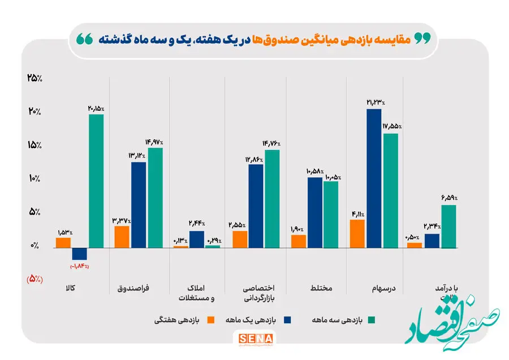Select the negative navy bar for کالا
click(x=80, y=254)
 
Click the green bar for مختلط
click(x=331, y=214)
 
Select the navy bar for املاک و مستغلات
click(x=197, y=239)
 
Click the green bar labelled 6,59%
click(x=448, y=226)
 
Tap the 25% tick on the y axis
click(x=34, y=78)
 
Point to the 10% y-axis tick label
click(x=34, y=178)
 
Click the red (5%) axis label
click(x=34, y=278)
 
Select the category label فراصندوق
click(x=133, y=288)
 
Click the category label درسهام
click(x=384, y=288)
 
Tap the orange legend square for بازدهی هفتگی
click(x=212, y=320)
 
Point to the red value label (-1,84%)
click(x=80, y=266)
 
